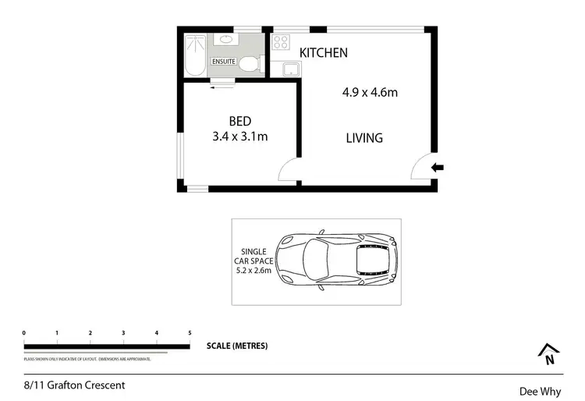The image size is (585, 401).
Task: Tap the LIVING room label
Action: tap(364, 138)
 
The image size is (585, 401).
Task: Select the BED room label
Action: tap(239, 121)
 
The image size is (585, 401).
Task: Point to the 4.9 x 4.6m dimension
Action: tap(370, 93)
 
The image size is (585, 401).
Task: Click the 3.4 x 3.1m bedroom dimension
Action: tap(239, 137)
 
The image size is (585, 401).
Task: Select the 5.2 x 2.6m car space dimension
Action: tap(254, 270)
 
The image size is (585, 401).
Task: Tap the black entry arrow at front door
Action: tap(438, 166)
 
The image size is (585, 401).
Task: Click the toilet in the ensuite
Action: tap(249, 64)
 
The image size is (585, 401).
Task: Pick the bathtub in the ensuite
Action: tap(195, 55)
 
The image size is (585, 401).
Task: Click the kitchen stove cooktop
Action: tap(281, 43)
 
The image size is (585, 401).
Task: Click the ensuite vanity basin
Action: tap(226, 38)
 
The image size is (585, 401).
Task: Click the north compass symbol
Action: tap(548, 355)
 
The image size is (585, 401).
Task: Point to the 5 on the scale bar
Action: tap(190, 333)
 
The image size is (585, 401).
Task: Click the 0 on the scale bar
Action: tap(24, 333)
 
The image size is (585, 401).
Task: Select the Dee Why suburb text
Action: tap(538, 392)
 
